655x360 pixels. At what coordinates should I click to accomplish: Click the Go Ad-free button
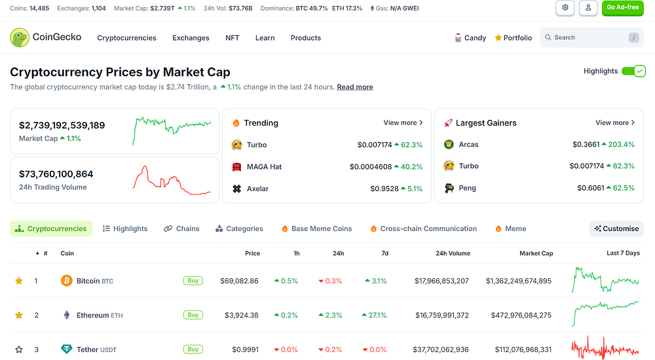point(622,8)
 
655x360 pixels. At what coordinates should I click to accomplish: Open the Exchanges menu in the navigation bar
point(191,38)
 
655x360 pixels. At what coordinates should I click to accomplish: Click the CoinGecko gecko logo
point(20,37)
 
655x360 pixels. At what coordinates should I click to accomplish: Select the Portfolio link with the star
point(513,38)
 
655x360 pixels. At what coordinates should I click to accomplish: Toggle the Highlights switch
point(633,71)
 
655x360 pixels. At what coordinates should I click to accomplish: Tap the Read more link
point(354,87)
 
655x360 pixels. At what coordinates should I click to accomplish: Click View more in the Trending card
point(403,123)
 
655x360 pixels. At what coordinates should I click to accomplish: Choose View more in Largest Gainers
point(615,123)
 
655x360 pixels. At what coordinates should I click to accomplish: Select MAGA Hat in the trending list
point(264,167)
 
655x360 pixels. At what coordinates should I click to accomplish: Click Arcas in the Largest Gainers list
point(468,145)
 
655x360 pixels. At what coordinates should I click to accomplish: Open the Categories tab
point(239,229)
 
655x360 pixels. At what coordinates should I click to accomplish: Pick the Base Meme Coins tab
point(316,229)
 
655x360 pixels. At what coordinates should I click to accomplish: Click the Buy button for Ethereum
point(193,315)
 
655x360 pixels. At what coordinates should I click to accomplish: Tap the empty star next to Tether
point(19,350)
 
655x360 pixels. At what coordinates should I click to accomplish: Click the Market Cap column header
point(536,253)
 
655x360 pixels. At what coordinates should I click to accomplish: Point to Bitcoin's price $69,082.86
point(239,281)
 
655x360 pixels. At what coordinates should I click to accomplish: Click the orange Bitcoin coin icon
point(66,281)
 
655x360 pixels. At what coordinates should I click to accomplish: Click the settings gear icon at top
point(565,8)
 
